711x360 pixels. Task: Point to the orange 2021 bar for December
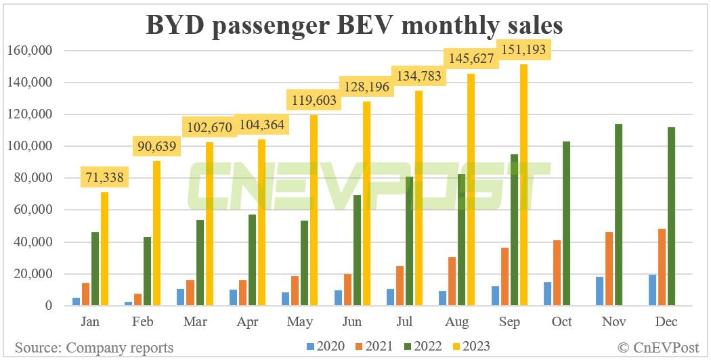[662, 267]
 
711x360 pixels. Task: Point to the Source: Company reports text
[94, 348]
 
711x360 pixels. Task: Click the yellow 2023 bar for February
[156, 233]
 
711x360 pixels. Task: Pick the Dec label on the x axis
[666, 322]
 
